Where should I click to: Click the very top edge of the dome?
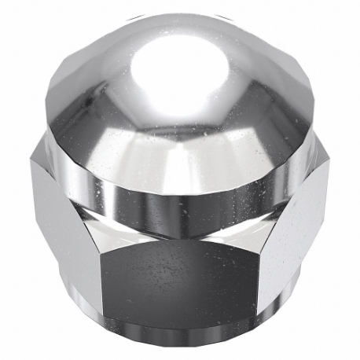point(180,11)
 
